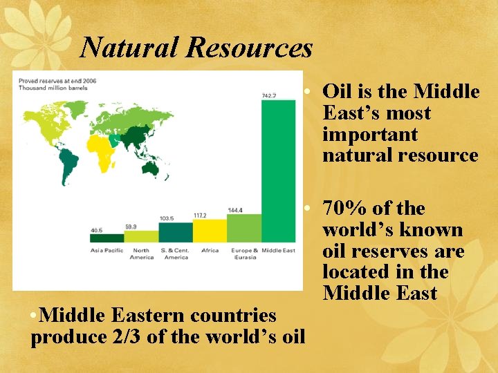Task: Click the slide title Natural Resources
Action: coord(196,48)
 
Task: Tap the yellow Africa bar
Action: coord(210,231)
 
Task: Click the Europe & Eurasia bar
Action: coord(244,227)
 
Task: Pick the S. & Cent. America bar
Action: coord(176,232)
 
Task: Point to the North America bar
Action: coord(141,236)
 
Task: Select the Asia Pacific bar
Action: coord(107,238)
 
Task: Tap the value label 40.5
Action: coord(98,230)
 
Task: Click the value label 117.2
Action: coord(200,215)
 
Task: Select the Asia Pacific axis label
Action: coord(107,250)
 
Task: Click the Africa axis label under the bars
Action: coord(210,250)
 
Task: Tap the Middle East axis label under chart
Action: coord(278,250)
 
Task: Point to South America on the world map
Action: coord(68,166)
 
